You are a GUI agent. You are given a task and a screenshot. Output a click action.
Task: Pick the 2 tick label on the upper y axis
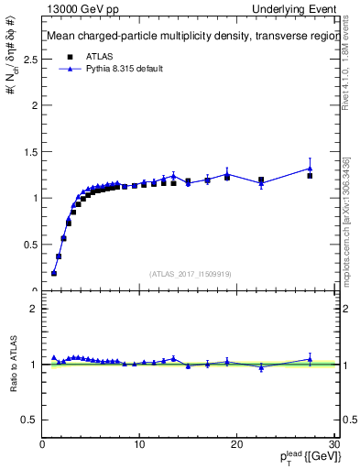pos(34,104)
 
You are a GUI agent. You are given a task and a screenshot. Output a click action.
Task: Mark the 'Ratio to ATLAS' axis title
pos(13,365)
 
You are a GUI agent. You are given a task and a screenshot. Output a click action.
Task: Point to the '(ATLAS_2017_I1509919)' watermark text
pos(190,273)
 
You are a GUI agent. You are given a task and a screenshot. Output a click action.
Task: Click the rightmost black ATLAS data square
pos(311,175)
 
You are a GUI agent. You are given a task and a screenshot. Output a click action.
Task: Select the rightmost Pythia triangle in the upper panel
pos(311,168)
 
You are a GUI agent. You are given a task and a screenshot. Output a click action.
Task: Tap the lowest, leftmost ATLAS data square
pos(54,273)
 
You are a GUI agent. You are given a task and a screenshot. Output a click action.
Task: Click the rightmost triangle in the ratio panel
pos(311,359)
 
